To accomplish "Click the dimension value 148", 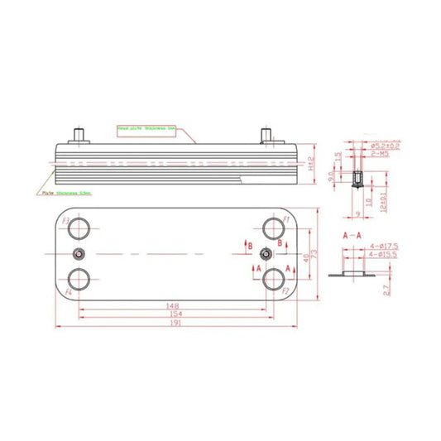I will [x=173, y=305].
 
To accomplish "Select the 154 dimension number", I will [x=173, y=315].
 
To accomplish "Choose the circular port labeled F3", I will [x=79, y=227].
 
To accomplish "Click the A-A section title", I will [x=352, y=236].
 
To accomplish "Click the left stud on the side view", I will [x=79, y=133].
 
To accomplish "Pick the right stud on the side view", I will [x=266, y=133].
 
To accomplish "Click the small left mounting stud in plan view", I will [x=79, y=252].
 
